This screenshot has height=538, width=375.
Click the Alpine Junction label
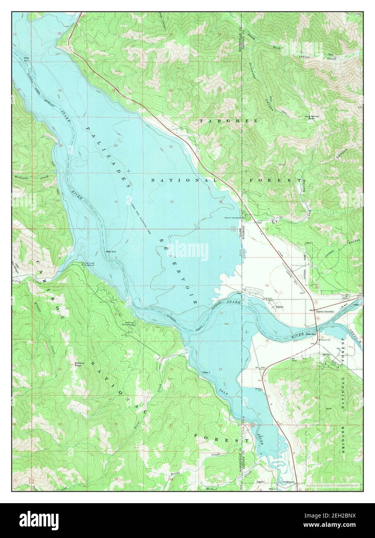pyautogui.click(x=325, y=312)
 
